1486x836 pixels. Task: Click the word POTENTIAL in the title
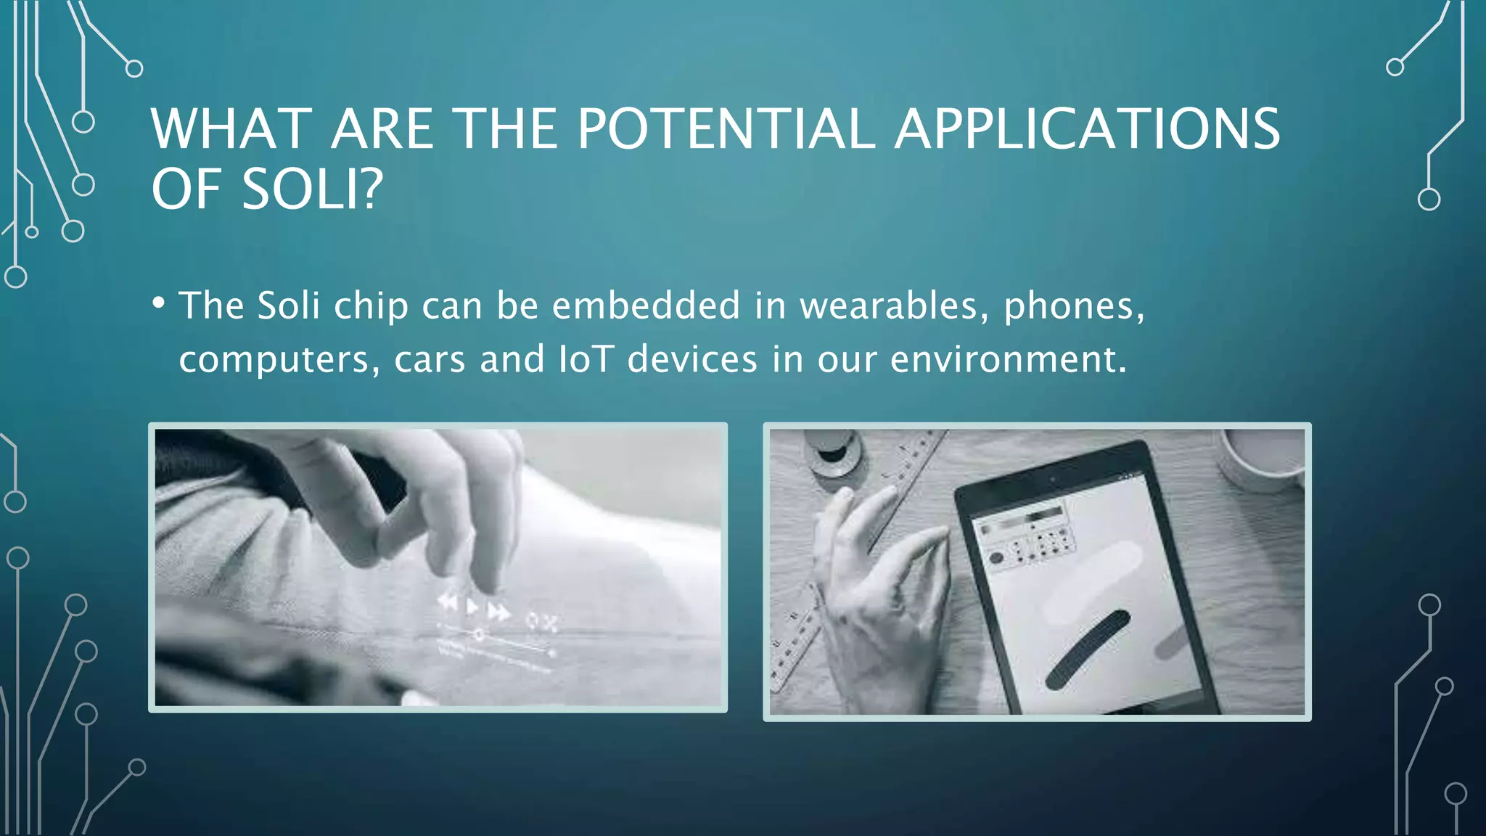pos(726,129)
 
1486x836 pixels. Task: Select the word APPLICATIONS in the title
pos(1087,129)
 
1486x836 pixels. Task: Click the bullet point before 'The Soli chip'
pos(159,303)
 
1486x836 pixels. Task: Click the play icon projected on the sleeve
pos(472,606)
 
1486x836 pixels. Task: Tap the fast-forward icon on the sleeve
pos(498,612)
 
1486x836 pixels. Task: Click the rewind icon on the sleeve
pos(448,601)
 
